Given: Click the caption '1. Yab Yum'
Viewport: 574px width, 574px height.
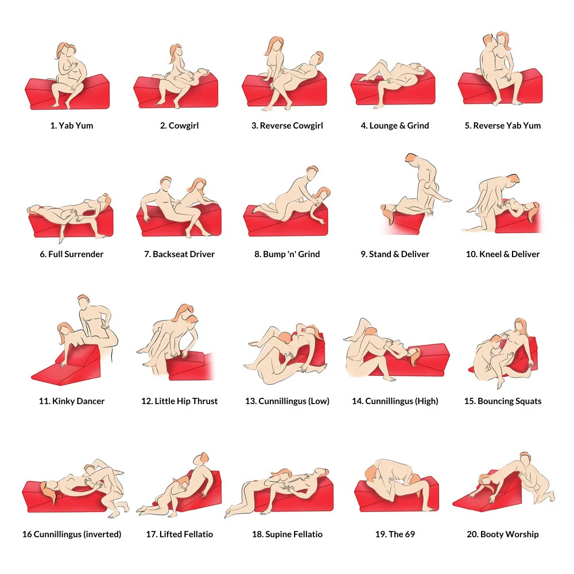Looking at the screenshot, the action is tap(72, 126).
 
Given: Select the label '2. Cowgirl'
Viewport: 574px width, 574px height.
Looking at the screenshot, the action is tap(179, 126).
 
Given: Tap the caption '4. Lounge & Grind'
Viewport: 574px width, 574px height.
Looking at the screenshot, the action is tap(395, 126).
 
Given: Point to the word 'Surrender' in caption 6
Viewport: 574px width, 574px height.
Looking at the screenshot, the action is tap(84, 254).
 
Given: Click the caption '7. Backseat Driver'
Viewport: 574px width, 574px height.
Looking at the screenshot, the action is tap(179, 254).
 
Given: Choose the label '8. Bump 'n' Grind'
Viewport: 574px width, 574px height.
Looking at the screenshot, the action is tap(287, 254).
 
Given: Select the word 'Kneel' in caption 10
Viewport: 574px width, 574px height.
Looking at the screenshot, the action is tap(490, 254).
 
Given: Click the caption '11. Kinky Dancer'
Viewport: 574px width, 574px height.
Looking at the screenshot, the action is tap(72, 401).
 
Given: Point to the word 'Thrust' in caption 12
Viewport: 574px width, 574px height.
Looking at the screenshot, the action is tap(205, 401).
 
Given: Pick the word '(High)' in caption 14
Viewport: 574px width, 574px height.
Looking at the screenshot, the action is tap(426, 401).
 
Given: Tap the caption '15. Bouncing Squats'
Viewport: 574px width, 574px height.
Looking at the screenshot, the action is tap(503, 401).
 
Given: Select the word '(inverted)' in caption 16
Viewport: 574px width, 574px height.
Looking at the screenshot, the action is tap(102, 534).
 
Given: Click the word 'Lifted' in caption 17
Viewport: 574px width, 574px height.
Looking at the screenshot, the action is tap(171, 534).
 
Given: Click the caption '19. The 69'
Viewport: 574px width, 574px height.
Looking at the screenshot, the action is tap(395, 534).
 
